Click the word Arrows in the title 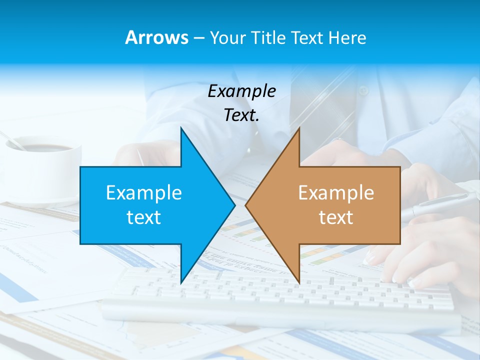tap(156, 37)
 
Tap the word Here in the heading tap(347, 38)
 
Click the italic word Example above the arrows tap(241, 91)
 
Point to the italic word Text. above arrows tap(241, 115)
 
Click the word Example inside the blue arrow tap(144, 192)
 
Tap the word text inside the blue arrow tap(144, 217)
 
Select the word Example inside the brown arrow tap(336, 192)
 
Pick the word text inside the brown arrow tap(336, 217)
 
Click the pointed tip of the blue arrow tap(234, 205)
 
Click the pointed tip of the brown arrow tap(246, 205)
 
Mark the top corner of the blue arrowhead tap(181, 128)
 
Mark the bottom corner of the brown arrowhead tap(299, 282)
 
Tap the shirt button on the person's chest tap(363, 91)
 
